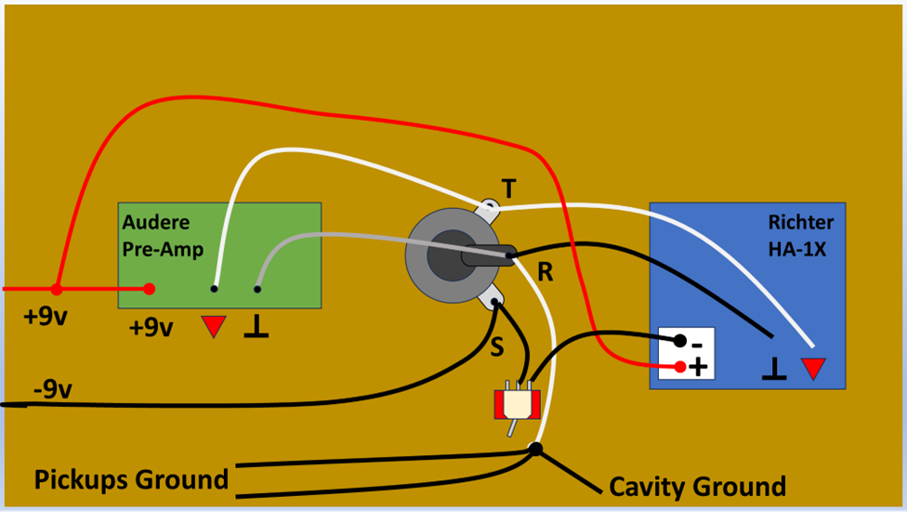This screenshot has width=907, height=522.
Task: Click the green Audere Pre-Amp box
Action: pos(219,254)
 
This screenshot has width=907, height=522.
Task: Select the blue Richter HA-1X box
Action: pos(747,295)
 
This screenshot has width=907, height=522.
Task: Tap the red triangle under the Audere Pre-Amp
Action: pos(214,327)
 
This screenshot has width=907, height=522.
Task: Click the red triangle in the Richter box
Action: pos(813,369)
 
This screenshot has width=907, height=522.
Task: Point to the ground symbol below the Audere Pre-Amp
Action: pos(256,327)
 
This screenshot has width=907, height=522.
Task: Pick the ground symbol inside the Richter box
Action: pos(774,369)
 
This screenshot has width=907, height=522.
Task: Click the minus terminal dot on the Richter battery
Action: pos(679,341)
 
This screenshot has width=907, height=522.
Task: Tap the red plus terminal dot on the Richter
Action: pos(680,367)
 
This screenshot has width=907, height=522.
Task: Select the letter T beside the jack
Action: pos(508,189)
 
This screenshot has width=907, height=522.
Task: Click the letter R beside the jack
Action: pos(545,272)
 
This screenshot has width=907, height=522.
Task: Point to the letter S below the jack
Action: pos(497,346)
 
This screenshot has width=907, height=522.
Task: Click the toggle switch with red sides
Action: pos(517,405)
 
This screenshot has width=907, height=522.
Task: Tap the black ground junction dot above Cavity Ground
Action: pos(535,449)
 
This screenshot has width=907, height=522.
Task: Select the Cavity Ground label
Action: pos(697,487)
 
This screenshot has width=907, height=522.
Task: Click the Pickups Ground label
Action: pos(131,480)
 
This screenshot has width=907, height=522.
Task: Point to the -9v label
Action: pos(53,389)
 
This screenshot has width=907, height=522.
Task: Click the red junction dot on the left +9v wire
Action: pos(56,289)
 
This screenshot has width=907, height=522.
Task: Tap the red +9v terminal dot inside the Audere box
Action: pos(150,289)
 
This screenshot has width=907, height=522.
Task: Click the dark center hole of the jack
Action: pos(452,255)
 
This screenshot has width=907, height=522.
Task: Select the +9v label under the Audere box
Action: pos(151,328)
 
